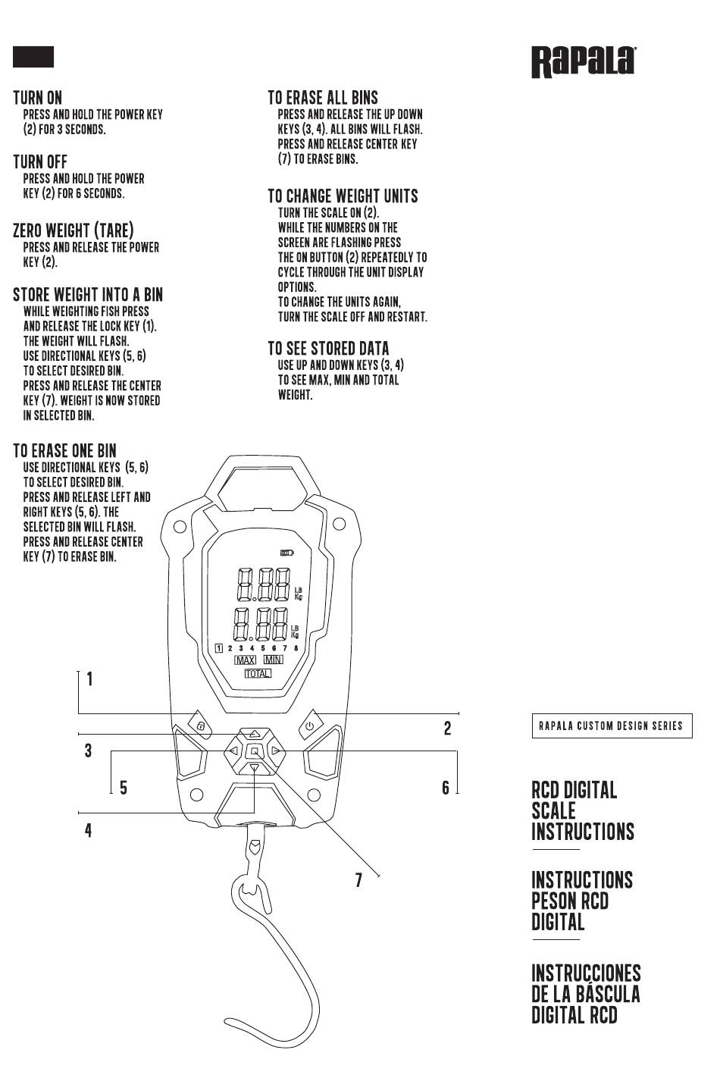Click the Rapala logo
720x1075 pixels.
[x=584, y=62]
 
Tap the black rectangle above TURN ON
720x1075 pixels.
[x=33, y=57]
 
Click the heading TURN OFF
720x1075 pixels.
[x=40, y=161]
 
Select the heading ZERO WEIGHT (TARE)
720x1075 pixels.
[x=74, y=230]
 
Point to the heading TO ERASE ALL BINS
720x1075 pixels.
[x=323, y=98]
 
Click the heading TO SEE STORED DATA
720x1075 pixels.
[x=329, y=349]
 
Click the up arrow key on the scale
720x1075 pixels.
[x=254, y=734]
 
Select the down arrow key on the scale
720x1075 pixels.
[x=255, y=768]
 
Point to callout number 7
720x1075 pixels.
[x=358, y=879]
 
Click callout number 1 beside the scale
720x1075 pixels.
[x=89, y=679]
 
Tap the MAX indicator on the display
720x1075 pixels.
[x=245, y=660]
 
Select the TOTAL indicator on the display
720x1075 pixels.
[x=258, y=674]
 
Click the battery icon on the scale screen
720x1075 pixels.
[x=286, y=553]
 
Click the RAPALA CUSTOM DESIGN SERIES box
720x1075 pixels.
[x=612, y=726]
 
